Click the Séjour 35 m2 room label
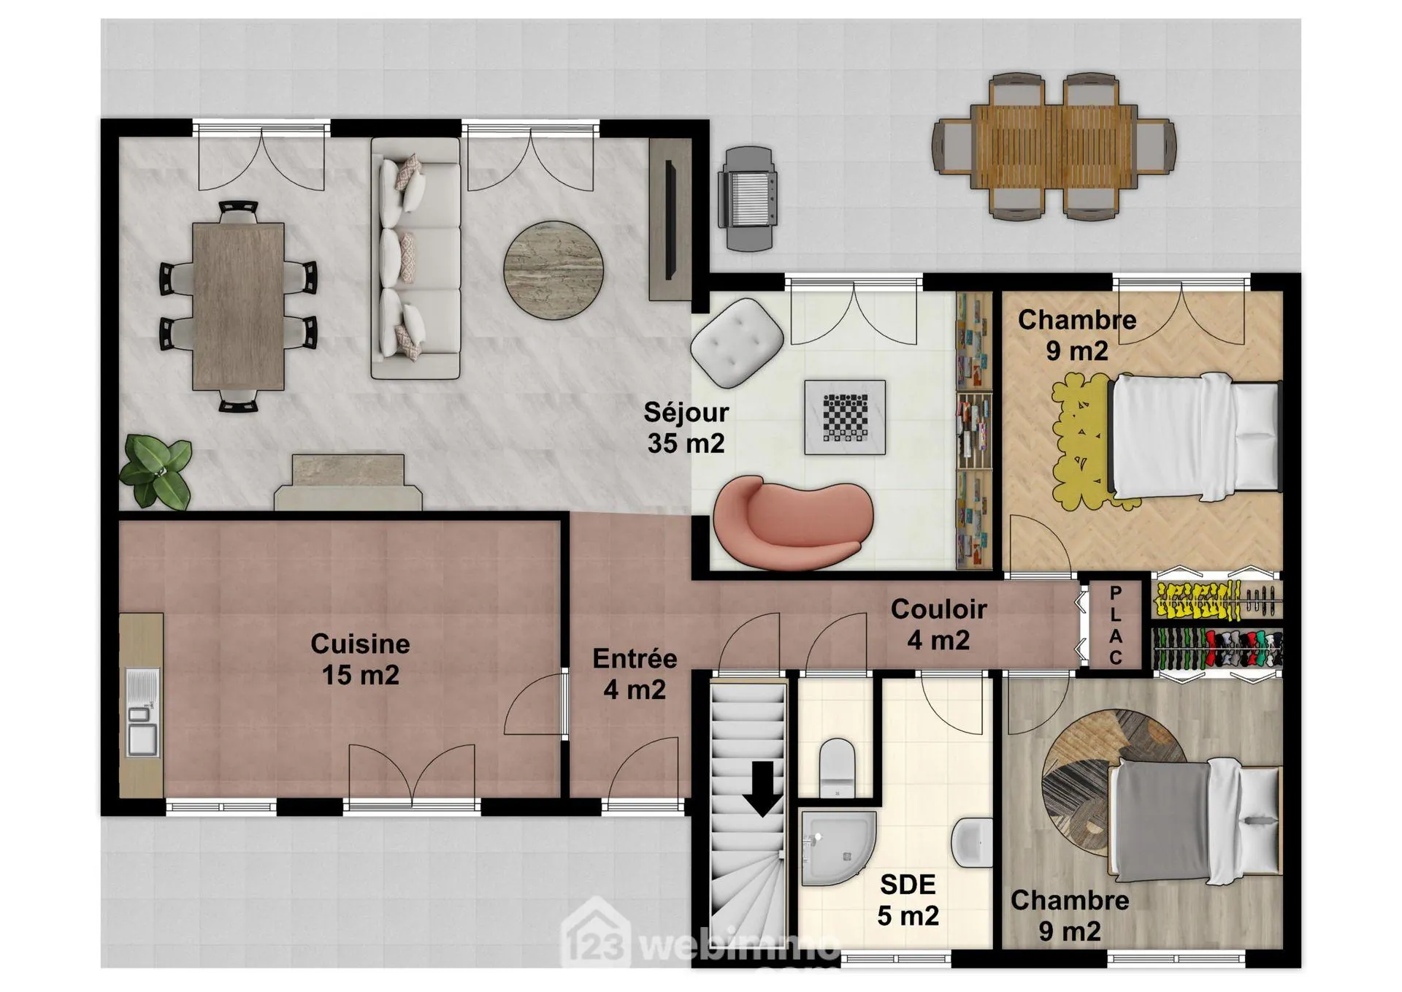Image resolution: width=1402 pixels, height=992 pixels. point(686,428)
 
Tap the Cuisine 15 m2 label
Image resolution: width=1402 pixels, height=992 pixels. point(360,659)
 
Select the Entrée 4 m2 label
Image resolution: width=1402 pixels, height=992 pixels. point(635,674)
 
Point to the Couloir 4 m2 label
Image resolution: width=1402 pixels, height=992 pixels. point(938,625)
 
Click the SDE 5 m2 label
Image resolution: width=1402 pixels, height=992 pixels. point(908,899)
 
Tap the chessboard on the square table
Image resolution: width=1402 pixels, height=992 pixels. point(846,417)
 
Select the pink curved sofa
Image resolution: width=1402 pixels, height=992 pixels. point(793,523)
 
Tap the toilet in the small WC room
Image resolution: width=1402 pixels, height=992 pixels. point(837,767)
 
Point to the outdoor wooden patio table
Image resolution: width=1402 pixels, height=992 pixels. point(1054,146)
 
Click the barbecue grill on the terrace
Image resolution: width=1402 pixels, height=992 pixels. point(748,197)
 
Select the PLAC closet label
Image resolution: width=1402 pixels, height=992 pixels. point(1115,625)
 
